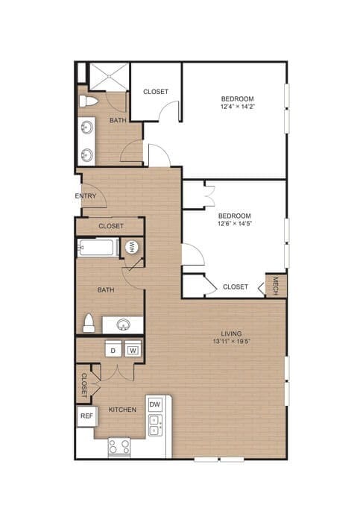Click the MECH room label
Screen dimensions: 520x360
coord(276,286)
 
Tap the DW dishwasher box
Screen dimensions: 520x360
coord(155,404)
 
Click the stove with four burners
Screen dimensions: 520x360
coord(119,447)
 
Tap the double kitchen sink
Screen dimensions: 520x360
coord(155,425)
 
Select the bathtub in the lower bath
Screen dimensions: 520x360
coord(97,248)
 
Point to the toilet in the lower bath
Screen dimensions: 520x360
coord(88,324)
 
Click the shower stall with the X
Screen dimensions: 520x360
coord(109,75)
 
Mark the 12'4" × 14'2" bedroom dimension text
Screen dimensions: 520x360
coord(237,107)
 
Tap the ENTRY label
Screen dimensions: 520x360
coord(86,196)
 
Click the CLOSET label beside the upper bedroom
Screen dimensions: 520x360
coord(156,92)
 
